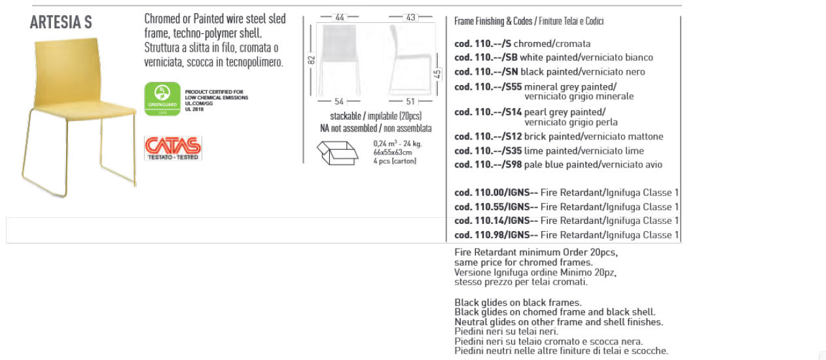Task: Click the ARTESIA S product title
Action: [61, 22]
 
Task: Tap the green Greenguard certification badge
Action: [162, 98]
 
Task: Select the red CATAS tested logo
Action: [173, 147]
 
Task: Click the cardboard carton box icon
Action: [338, 153]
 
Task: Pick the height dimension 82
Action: [312, 60]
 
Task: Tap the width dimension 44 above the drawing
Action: [340, 18]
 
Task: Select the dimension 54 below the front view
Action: [339, 101]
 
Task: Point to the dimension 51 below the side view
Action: [410, 101]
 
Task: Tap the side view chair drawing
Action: [410, 60]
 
